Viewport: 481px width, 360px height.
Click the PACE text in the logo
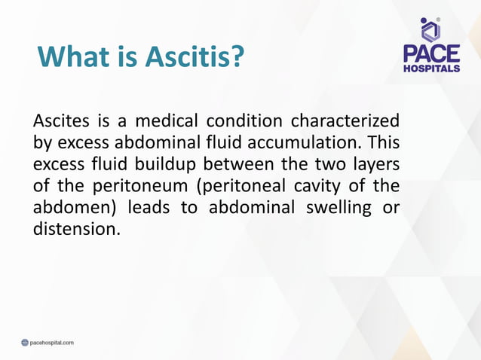click(x=431, y=53)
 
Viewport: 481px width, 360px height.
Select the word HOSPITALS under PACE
click(x=431, y=69)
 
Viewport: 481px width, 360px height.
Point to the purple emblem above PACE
click(x=430, y=29)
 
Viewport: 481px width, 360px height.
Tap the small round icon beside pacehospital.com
click(x=24, y=343)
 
